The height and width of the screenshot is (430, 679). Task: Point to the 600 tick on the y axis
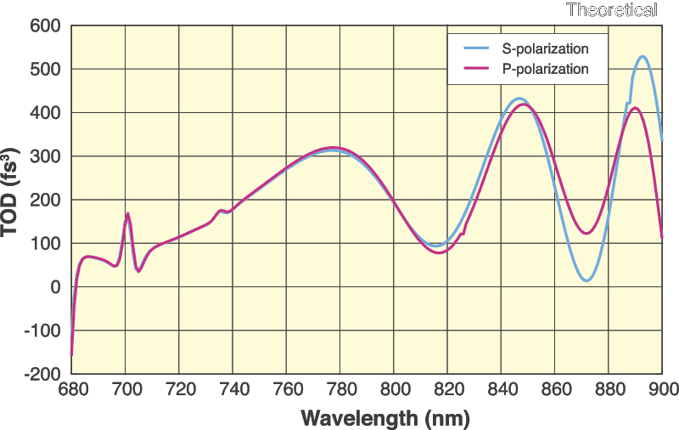(45, 25)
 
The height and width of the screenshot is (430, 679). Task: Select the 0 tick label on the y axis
(55, 287)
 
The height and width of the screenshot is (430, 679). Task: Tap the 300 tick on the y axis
(45, 156)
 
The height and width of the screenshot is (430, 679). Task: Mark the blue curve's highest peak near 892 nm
(643, 57)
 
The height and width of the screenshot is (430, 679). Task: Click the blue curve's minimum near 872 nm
(586, 280)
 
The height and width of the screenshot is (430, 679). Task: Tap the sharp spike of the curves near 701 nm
(127, 213)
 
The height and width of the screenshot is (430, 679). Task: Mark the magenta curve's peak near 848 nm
(523, 104)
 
